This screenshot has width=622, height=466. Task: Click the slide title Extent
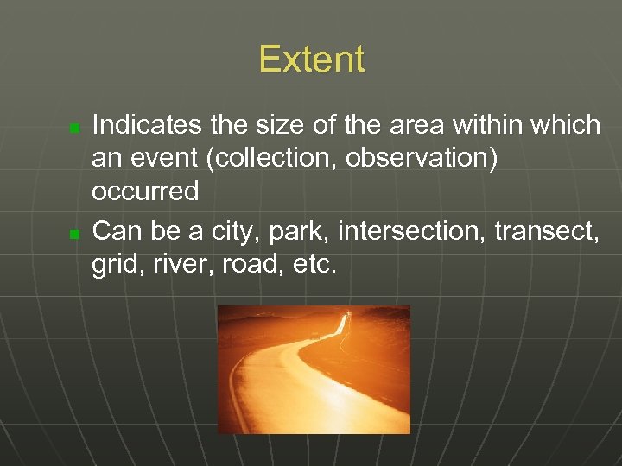[x=311, y=60]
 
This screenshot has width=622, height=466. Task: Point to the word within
[x=505, y=125]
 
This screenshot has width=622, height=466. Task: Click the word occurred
[x=145, y=191]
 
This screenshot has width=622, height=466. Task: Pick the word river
[x=178, y=264]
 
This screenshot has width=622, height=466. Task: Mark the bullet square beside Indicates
[x=74, y=128]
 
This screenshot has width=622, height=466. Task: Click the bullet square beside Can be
[x=74, y=234]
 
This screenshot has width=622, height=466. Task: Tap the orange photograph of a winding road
[x=313, y=369]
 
